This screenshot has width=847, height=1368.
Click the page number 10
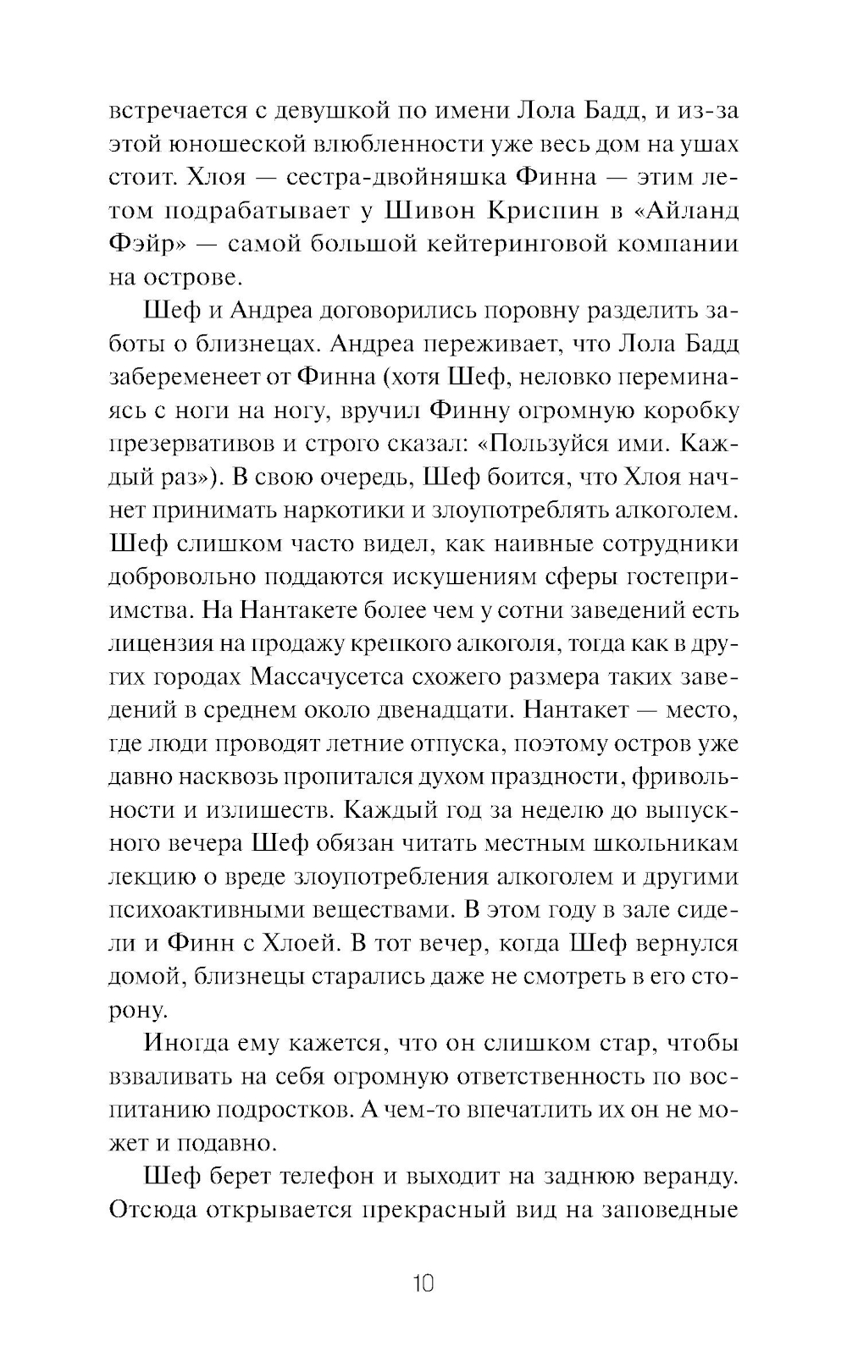click(x=423, y=1283)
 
